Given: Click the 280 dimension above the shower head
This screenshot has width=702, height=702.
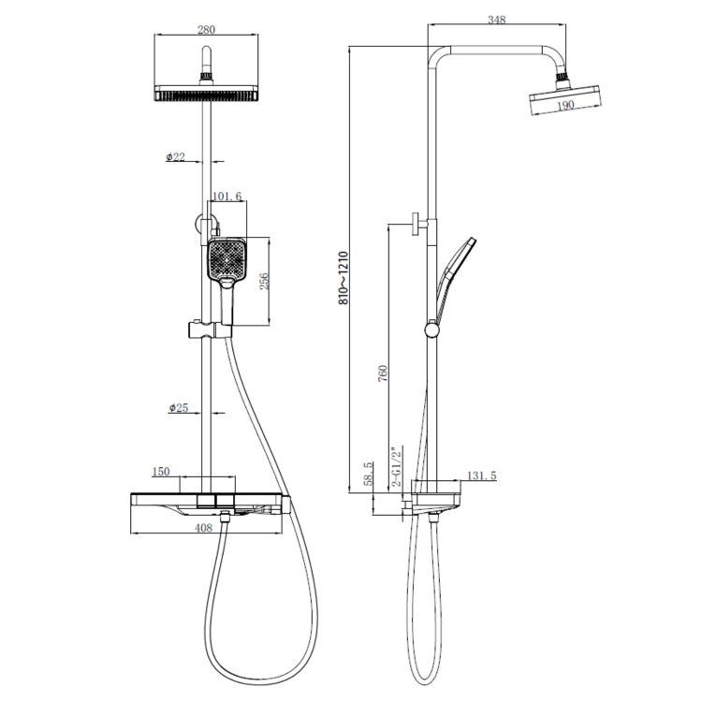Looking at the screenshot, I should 206,30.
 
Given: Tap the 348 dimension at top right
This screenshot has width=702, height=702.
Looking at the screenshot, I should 497,20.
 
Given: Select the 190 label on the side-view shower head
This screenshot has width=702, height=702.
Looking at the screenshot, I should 565,106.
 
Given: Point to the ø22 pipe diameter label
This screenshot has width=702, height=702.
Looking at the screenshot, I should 176,157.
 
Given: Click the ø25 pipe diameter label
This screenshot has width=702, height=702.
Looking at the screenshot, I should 179,407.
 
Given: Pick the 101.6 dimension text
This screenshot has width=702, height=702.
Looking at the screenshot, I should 227,197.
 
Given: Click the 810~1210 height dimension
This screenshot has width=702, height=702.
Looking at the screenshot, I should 344,278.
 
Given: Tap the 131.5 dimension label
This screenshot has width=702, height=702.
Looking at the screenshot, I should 481,475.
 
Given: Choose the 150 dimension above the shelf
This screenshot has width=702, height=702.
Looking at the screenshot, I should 161,472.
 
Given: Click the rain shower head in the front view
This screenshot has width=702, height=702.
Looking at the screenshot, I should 206,95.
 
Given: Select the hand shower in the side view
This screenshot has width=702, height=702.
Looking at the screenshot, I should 454,271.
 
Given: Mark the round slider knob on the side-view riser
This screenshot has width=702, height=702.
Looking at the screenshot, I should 431,329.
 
